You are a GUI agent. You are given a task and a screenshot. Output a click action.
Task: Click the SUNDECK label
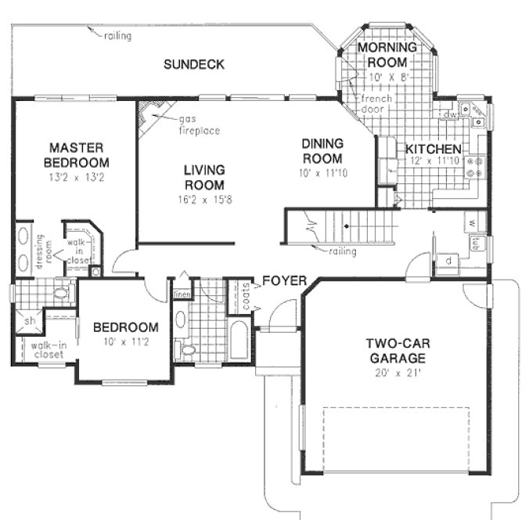coord(193,63)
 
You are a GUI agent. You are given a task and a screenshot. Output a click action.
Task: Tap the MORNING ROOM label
coord(382,55)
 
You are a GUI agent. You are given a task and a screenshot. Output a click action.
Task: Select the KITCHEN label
coord(432,149)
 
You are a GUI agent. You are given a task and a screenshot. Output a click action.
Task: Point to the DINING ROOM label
coord(322,150)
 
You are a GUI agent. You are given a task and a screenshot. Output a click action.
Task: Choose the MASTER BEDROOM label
coord(77,154)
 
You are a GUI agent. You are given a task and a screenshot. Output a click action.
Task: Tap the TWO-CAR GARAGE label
coord(397,351)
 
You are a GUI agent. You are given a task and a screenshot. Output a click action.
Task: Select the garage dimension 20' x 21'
coord(398,373)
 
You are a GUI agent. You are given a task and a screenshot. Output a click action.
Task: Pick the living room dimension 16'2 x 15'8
coord(204,199)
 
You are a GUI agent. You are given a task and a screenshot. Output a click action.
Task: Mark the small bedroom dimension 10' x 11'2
coord(125,342)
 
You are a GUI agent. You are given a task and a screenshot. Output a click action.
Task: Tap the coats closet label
coord(247,295)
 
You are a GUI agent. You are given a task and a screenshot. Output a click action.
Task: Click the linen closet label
coord(182,294)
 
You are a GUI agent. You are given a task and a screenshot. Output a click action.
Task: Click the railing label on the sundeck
coord(117,35)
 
